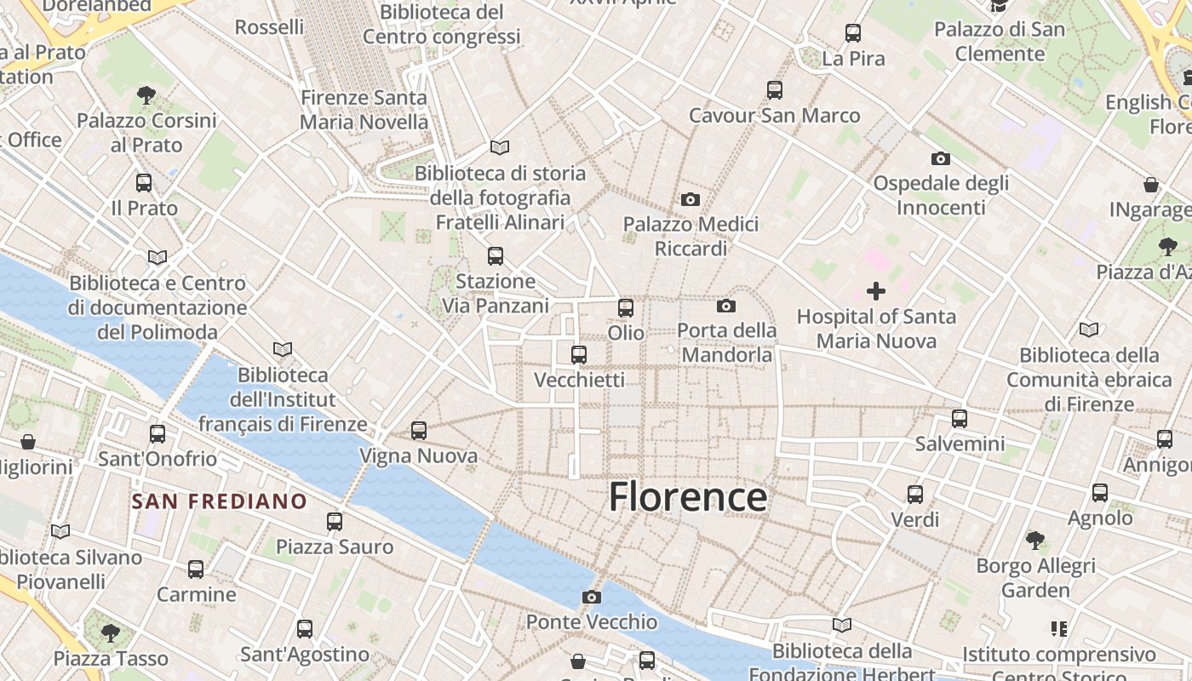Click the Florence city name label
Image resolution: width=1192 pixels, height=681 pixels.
pyautogui.click(x=688, y=496)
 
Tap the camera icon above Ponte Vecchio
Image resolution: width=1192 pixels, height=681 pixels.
pyautogui.click(x=592, y=597)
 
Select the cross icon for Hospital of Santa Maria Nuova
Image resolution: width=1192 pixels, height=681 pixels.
pyautogui.click(x=875, y=291)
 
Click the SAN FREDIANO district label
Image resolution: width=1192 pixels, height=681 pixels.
pyautogui.click(x=219, y=501)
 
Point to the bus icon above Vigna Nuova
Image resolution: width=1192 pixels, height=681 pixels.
pyautogui.click(x=418, y=431)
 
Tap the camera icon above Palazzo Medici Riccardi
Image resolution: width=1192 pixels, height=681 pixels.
pyautogui.click(x=691, y=199)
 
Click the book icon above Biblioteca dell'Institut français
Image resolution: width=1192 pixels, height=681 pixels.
pyautogui.click(x=283, y=349)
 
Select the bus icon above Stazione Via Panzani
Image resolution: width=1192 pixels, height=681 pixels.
pyautogui.click(x=495, y=255)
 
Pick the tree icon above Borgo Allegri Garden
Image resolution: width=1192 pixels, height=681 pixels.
pyautogui.click(x=1035, y=540)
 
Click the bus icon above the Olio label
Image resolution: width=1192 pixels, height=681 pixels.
pyautogui.click(x=626, y=307)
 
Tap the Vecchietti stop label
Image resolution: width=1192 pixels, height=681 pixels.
pyautogui.click(x=579, y=380)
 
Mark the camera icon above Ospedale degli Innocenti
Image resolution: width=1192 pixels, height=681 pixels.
pyautogui.click(x=941, y=158)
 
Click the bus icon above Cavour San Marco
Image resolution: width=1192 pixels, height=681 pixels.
pyautogui.click(x=774, y=89)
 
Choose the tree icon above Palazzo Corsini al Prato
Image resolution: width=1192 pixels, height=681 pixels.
pyautogui.click(x=146, y=94)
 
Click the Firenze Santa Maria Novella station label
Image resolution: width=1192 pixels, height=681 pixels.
pyautogui.click(x=364, y=110)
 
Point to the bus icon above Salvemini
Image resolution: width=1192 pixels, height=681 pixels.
pyautogui.click(x=960, y=418)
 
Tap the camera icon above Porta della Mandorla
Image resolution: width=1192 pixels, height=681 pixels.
pyautogui.click(x=726, y=306)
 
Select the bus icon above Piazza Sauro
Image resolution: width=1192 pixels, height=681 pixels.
pyautogui.click(x=335, y=521)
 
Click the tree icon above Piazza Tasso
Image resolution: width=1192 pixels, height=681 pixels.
pyautogui.click(x=110, y=632)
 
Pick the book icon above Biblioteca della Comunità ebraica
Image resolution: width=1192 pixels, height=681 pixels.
pyautogui.click(x=1088, y=329)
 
